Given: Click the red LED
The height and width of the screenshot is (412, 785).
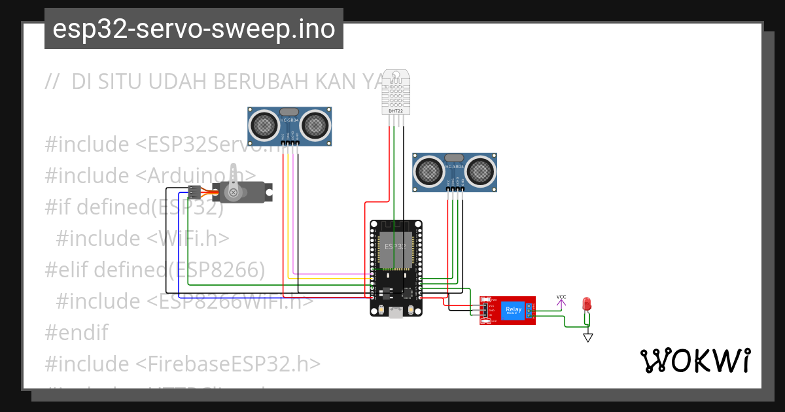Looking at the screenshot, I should coord(587,303).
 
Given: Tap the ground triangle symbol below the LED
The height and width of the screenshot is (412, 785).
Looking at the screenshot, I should coord(588,337).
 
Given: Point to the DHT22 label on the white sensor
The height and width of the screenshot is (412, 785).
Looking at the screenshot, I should coord(396,111).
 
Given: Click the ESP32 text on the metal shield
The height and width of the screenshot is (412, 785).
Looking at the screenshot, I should coord(395,247).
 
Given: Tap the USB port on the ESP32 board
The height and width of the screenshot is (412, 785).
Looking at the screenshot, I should coord(395,313).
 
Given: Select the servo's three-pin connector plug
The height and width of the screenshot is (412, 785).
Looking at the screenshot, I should coord(194,192).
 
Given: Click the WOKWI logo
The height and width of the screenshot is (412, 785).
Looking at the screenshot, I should coord(695,360).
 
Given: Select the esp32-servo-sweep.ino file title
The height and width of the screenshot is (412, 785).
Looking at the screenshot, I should coord(194,29).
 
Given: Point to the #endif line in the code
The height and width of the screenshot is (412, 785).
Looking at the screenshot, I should coord(76,332).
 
